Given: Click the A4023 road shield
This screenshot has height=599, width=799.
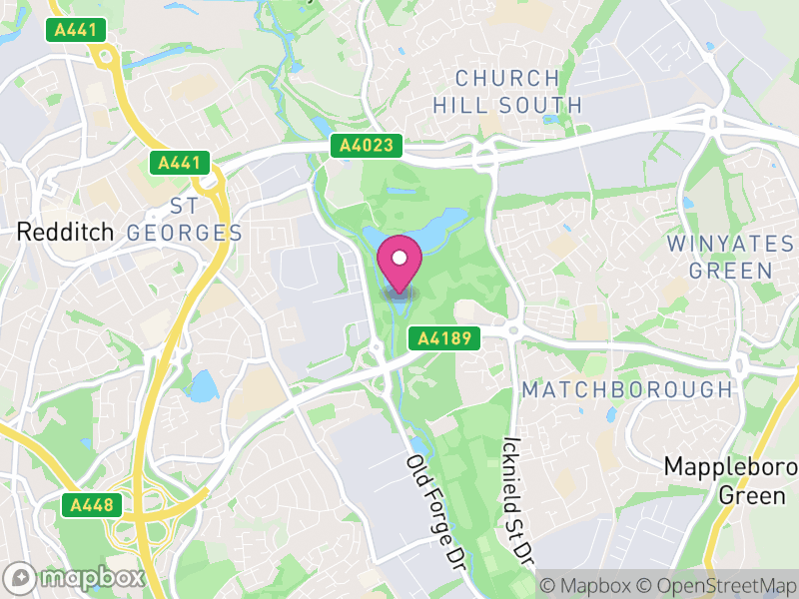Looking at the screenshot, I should pyautogui.click(x=368, y=147).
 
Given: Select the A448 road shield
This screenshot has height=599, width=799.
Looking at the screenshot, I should pyautogui.click(x=92, y=506).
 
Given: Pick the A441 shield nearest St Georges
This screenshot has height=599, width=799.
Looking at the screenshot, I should pyautogui.click(x=179, y=163).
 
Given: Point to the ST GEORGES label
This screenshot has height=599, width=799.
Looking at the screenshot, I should pyautogui.click(x=185, y=220).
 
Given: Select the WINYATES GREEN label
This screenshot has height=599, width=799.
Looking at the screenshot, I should pyautogui.click(x=719, y=257).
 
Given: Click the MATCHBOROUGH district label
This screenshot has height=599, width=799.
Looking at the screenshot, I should pyautogui.click(x=627, y=388).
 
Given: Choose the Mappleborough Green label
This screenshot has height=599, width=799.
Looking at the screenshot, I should pyautogui.click(x=731, y=480).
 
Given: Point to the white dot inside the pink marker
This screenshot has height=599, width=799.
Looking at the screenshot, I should pyautogui.click(x=399, y=258).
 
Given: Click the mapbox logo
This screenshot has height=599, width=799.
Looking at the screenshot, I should pyautogui.click(x=76, y=577).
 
